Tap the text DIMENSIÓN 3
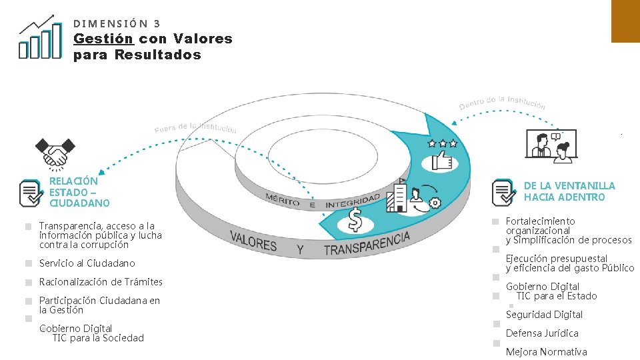coord(117,23)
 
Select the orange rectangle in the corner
coord(625,20)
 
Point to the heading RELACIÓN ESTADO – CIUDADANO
coord(79,191)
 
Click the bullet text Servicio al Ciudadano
coord(87,263)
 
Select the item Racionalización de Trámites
coord(101,282)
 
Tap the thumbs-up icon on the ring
coord(443,161)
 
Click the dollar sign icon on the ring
coord(356,218)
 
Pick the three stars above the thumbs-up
coord(443,143)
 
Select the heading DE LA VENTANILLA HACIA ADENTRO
coord(569,191)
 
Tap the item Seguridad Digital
coord(544,315)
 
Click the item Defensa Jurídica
coord(542,333)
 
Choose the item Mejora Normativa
coord(547,352)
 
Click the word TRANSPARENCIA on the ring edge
coord(366,244)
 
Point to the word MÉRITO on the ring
coord(282,199)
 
